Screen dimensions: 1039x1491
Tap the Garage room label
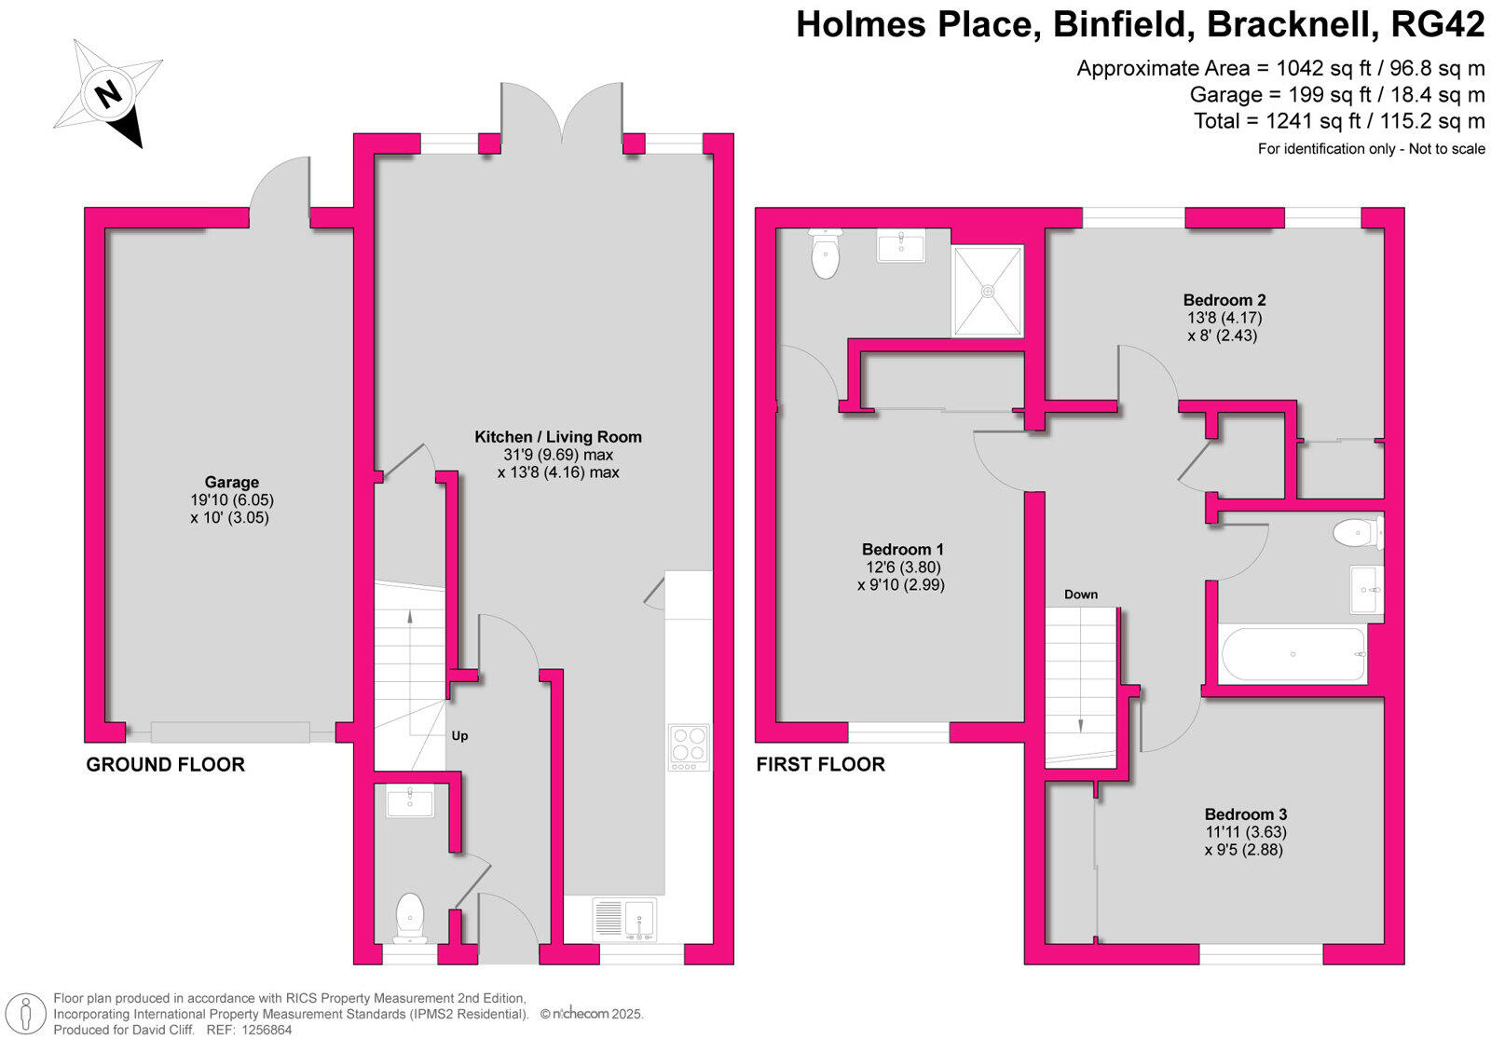point(232,482)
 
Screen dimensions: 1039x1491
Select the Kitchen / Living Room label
point(558,436)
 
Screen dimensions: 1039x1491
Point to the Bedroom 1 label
point(902,549)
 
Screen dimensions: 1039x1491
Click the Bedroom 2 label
point(1224,300)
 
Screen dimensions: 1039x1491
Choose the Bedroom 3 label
point(1245,813)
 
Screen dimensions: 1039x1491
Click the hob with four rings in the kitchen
point(689,746)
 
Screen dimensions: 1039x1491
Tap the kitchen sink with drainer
point(624,919)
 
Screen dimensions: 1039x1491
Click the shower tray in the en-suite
point(987,290)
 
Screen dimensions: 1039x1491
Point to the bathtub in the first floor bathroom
point(1293,654)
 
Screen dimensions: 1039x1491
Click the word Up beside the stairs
point(459,736)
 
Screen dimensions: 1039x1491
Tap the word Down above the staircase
point(1081,595)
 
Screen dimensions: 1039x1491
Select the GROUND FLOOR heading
point(165,765)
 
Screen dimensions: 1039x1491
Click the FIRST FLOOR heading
point(820,765)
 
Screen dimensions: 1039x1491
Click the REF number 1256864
point(266,1030)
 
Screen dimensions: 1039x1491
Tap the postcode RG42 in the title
point(1437,26)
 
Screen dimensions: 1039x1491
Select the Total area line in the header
point(1339,121)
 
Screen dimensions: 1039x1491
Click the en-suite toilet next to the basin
point(826,253)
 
